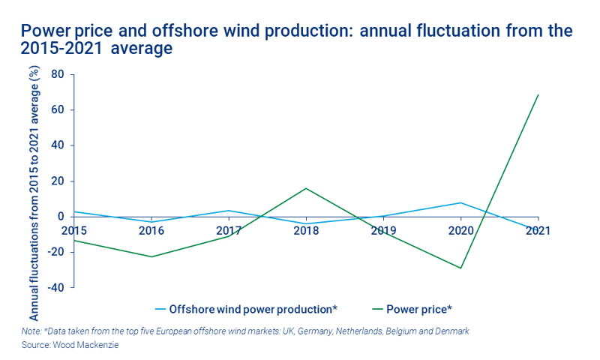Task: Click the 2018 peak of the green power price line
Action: (x=306, y=188)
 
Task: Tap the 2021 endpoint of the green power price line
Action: (x=538, y=95)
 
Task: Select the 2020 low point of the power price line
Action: (x=460, y=268)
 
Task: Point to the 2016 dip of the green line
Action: (x=152, y=256)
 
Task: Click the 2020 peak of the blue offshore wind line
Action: (x=460, y=202)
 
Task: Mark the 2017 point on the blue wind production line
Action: (x=229, y=211)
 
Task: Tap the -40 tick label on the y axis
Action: (x=55, y=287)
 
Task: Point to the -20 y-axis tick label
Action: (x=55, y=252)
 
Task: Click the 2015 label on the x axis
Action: (x=75, y=231)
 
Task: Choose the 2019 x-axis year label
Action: (x=383, y=231)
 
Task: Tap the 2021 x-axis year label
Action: (x=537, y=231)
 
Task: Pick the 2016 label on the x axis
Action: (x=152, y=231)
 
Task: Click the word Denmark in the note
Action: (x=449, y=330)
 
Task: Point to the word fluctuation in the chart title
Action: (x=431, y=31)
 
